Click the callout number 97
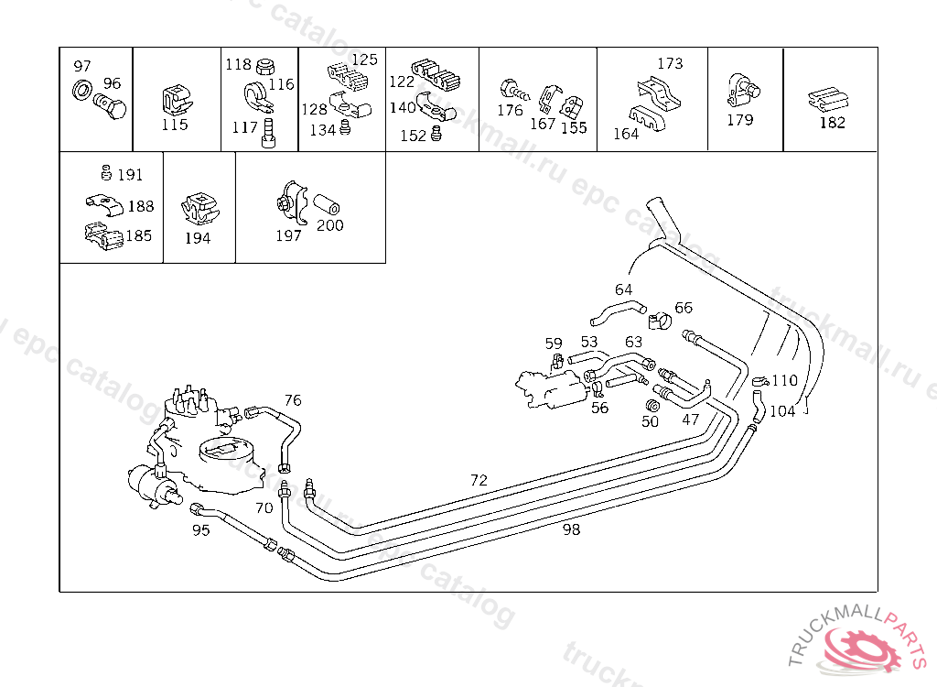pyautogui.click(x=82, y=66)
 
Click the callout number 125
pyautogui.click(x=364, y=60)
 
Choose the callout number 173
pyautogui.click(x=670, y=63)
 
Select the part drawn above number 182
pyautogui.click(x=829, y=99)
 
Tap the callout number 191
pyautogui.click(x=130, y=175)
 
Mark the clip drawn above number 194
pyautogui.click(x=199, y=210)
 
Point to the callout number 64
pyautogui.click(x=623, y=289)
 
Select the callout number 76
pyautogui.click(x=292, y=400)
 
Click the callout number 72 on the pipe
pyautogui.click(x=479, y=480)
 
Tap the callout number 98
pyautogui.click(x=571, y=529)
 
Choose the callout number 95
pyautogui.click(x=200, y=529)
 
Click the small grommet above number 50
pyautogui.click(x=653, y=405)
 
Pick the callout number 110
pyautogui.click(x=785, y=381)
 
